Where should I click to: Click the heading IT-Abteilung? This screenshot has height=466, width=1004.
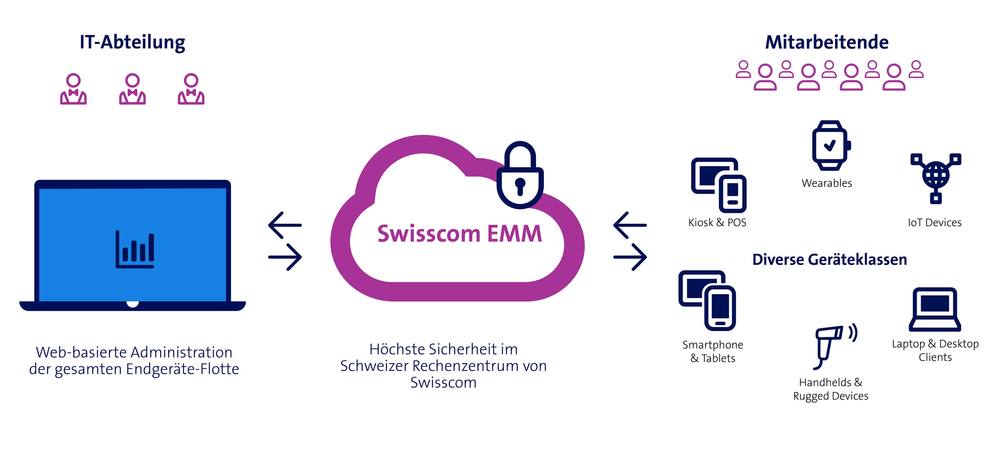(x=132, y=42)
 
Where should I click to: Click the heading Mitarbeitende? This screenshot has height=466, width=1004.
(x=827, y=42)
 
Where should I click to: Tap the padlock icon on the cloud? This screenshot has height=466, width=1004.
(x=520, y=175)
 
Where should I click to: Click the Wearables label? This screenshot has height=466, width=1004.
(x=827, y=183)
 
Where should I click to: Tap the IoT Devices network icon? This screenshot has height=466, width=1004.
(x=936, y=177)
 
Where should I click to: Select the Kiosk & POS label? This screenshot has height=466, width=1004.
(x=717, y=222)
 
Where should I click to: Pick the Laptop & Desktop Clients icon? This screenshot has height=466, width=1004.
(x=935, y=310)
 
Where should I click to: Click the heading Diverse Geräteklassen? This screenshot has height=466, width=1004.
(x=829, y=260)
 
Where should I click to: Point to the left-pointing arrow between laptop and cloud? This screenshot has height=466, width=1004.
(x=285, y=225)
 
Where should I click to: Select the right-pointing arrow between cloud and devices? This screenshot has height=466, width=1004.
(x=630, y=257)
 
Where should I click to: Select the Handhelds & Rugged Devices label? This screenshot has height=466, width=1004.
(x=831, y=389)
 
